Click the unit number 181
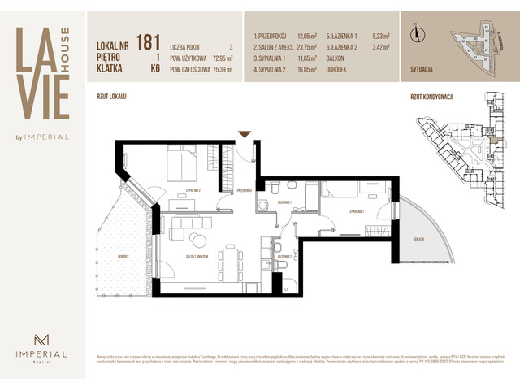[x=148, y=41]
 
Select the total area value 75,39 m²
[x=218, y=70]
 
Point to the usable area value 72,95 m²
[x=218, y=58]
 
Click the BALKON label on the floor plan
[x=418, y=239]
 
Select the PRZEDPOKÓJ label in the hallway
[x=244, y=191]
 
